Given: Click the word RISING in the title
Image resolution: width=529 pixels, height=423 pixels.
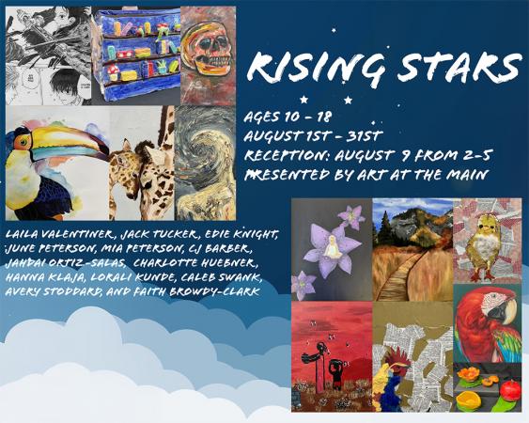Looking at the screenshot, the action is (317, 68).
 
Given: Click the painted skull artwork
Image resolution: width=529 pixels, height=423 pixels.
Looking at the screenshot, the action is (209, 55).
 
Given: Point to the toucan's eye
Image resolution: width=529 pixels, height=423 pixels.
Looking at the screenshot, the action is (23, 141).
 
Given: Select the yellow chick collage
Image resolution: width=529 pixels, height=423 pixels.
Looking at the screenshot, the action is (487, 241).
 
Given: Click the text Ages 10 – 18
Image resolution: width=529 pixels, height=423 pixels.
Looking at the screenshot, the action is (288, 117).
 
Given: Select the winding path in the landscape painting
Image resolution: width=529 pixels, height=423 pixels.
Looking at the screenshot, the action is (401, 274).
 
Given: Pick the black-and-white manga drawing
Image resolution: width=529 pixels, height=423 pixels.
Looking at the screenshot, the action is (49, 55).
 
